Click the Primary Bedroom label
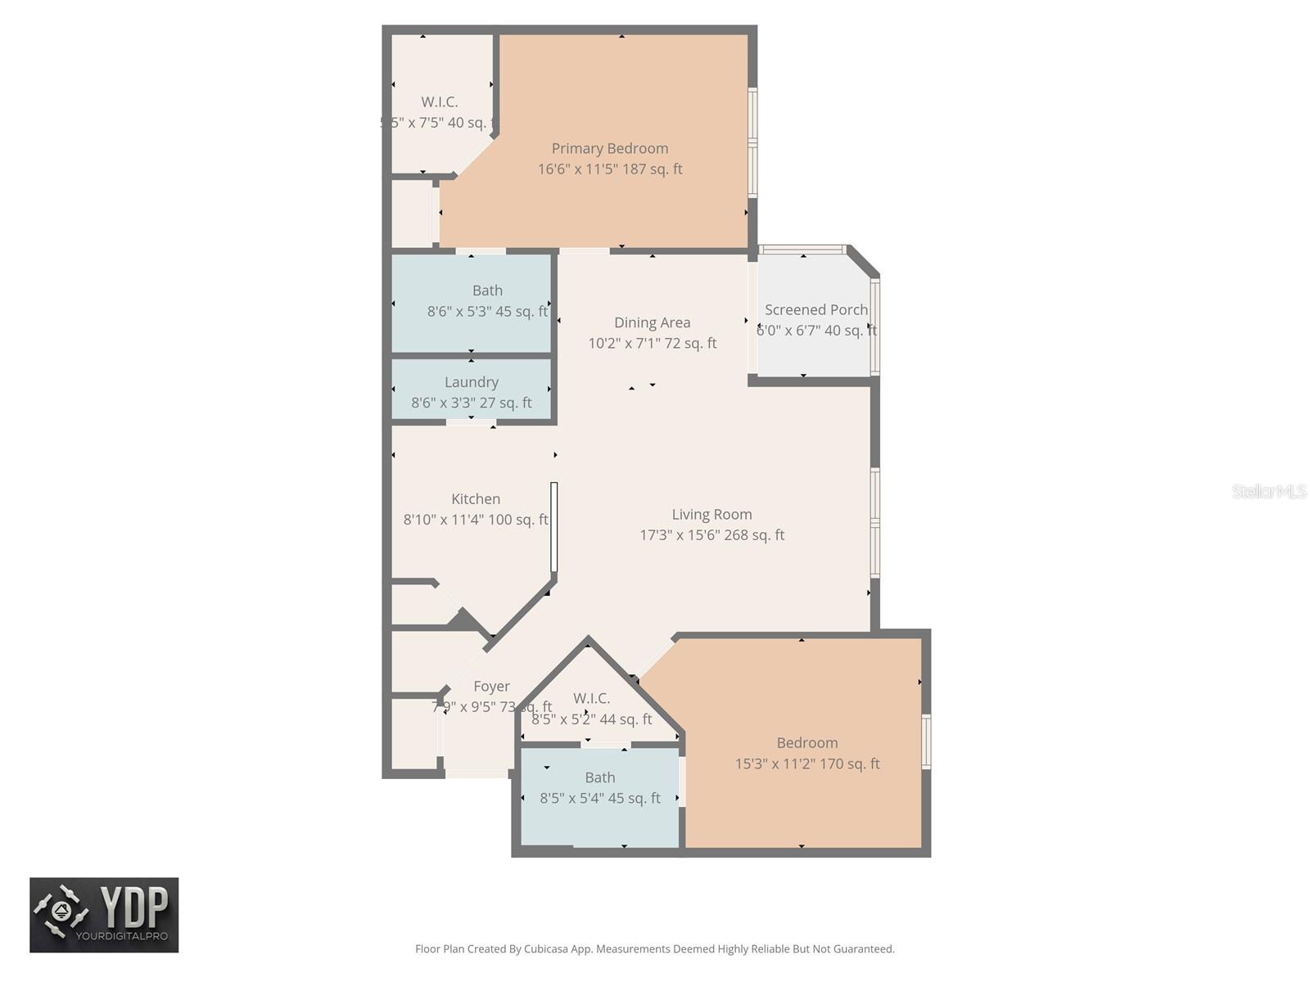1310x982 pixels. point(609,148)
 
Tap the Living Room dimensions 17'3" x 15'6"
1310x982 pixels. point(711,535)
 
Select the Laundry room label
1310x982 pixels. point(471,382)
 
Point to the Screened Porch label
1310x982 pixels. point(815,310)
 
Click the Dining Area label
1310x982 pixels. point(652,322)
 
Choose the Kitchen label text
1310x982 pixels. point(476,499)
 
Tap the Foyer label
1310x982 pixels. point(491,687)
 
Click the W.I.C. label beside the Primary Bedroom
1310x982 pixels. point(440,102)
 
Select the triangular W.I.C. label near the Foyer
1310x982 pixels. point(591,698)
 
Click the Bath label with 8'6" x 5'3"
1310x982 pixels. point(487,291)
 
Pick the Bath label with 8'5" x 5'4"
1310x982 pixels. point(599,777)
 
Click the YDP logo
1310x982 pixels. point(104,915)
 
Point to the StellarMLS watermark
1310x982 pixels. point(1268,491)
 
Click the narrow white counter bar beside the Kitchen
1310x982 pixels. point(554,526)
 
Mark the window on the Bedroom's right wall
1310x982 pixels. point(926,741)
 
